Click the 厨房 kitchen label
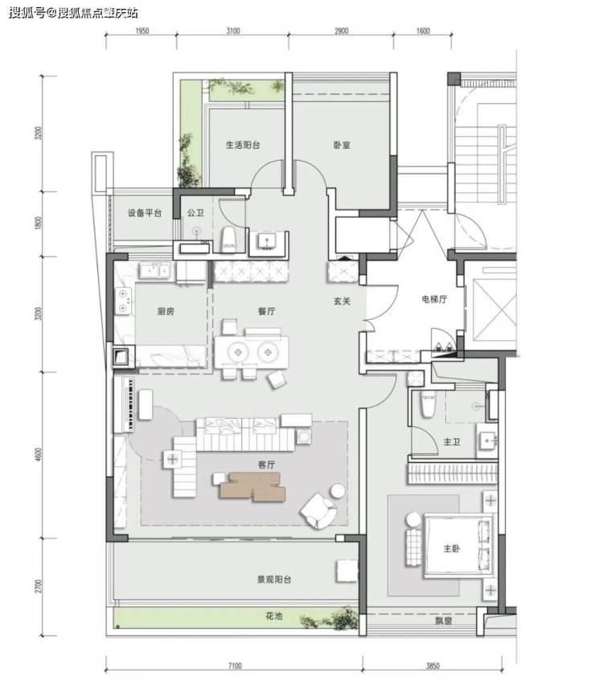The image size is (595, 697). pyautogui.click(x=166, y=312)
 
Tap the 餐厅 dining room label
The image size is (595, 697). pyautogui.click(x=266, y=311)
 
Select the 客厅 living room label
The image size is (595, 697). pyautogui.click(x=266, y=465)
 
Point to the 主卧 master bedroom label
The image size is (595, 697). pyautogui.click(x=451, y=548)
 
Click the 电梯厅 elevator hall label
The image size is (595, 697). pyautogui.click(x=434, y=299)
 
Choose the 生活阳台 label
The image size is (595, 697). pyautogui.click(x=243, y=145)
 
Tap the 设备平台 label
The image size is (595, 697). pyautogui.click(x=145, y=213)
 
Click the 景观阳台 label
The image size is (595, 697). pyautogui.click(x=274, y=580)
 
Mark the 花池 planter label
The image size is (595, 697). pyautogui.click(x=273, y=616)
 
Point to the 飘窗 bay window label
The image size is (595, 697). pyautogui.click(x=443, y=621)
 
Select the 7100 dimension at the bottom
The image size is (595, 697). pyautogui.click(x=234, y=666)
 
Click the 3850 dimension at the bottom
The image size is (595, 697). pyautogui.click(x=433, y=666)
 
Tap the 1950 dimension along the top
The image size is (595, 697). pyautogui.click(x=142, y=31)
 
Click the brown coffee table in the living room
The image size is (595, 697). pyautogui.click(x=252, y=486)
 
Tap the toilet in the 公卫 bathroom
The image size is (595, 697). pyautogui.click(x=228, y=240)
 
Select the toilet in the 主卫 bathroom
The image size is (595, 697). pyautogui.click(x=427, y=404)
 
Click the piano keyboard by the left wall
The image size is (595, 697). pyautogui.click(x=130, y=404)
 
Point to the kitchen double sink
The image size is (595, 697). pyautogui.click(x=154, y=270)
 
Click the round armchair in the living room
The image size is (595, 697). pyautogui.click(x=318, y=510)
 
